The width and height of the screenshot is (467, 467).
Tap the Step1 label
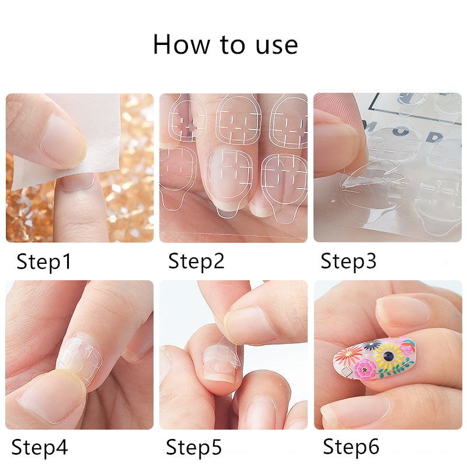[x=44, y=262]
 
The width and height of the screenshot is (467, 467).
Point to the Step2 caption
[x=196, y=261]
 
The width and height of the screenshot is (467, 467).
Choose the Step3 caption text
[x=348, y=261]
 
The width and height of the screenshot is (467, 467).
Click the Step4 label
[x=40, y=448]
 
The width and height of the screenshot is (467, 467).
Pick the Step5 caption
[x=194, y=448]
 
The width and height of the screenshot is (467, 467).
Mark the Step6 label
[x=351, y=447]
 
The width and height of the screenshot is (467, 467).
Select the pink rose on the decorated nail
[x=367, y=370]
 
